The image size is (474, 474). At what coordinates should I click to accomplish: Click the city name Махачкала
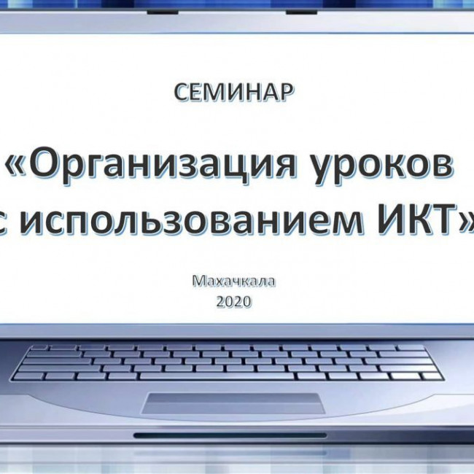[x=235, y=280]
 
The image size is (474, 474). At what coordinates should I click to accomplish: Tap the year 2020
[x=234, y=300]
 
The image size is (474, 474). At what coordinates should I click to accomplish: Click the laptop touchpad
[x=233, y=403]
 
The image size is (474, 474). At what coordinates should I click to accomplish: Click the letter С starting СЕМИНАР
[x=182, y=92]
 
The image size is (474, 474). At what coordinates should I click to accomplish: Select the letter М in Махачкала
[x=200, y=280]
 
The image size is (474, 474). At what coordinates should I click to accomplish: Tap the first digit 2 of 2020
[x=221, y=300]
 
